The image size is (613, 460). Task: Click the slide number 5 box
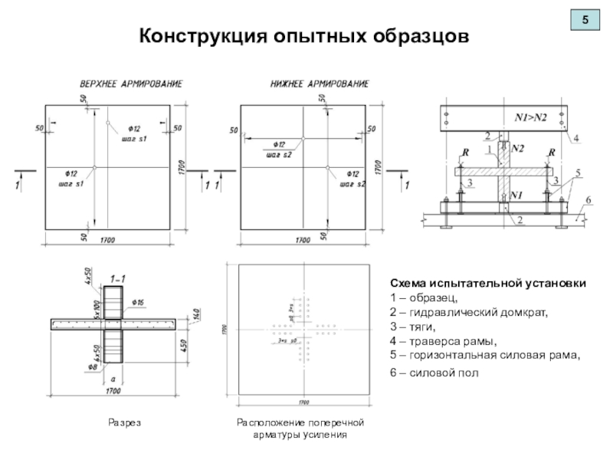pos(585,21)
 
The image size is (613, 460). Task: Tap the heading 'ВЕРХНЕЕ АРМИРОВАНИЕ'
pos(132,83)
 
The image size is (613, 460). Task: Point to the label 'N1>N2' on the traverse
pos(529,117)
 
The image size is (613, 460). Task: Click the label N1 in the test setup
pos(516,196)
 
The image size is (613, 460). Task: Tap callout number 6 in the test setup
pos(588,200)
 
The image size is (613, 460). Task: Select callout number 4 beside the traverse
pos(575,139)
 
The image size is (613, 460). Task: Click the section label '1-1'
pos(119,278)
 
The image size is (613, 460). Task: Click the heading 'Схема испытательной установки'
pos(489,284)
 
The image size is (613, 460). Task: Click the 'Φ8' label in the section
pos(93,366)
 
